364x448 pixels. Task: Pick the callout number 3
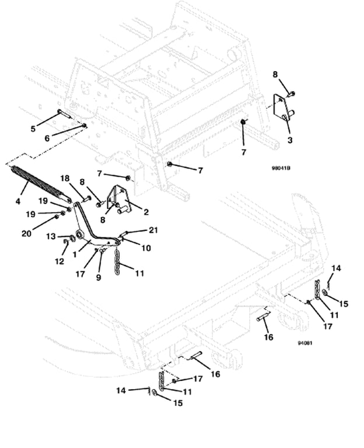[x=290, y=141]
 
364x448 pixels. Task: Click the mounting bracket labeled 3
[x=283, y=110]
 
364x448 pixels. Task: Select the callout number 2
[x=146, y=212]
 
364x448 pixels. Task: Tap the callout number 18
[x=65, y=178]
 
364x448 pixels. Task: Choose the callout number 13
[x=51, y=236]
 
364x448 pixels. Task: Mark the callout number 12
[x=59, y=262]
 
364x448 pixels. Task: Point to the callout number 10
[x=146, y=248]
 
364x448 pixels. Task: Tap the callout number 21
[x=153, y=230]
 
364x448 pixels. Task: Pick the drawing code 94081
[x=304, y=343]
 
